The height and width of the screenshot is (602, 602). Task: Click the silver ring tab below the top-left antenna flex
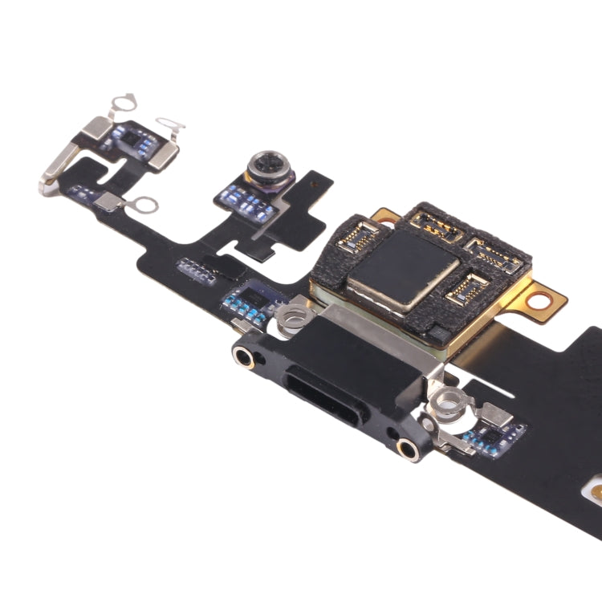[x=142, y=205]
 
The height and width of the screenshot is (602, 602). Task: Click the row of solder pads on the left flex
[x=195, y=270]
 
